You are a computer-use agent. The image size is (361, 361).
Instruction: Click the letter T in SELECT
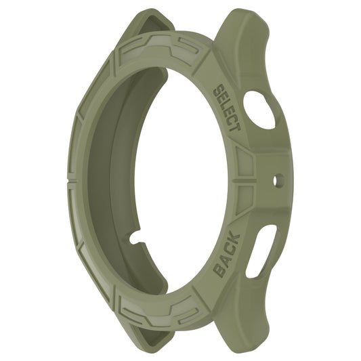(x=236, y=127)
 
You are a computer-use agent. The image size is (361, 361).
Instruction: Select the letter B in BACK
(x=218, y=270)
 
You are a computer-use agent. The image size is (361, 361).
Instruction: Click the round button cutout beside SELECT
(x=261, y=109)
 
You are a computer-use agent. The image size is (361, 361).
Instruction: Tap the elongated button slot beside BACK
(x=260, y=251)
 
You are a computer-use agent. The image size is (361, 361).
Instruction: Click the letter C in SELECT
(x=232, y=119)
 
